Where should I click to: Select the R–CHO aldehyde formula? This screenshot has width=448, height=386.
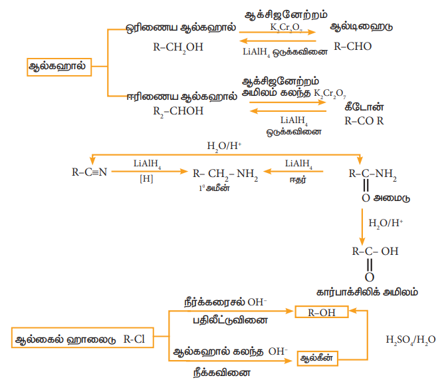(x=352, y=47)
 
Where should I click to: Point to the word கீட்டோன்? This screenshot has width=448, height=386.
(x=365, y=107)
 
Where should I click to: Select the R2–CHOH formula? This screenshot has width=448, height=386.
(x=177, y=110)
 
